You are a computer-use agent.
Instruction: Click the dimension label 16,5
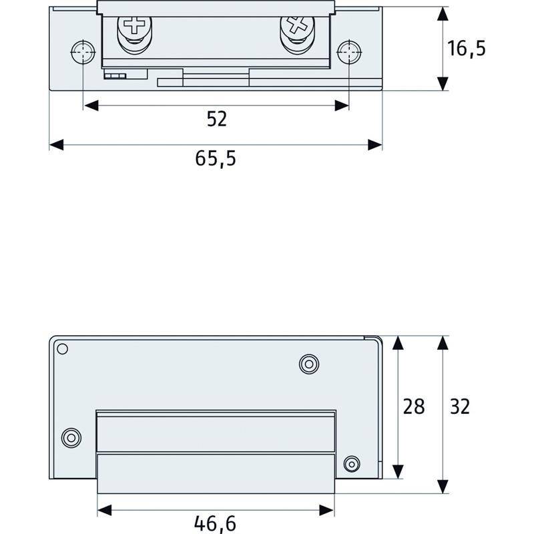coord(467,49)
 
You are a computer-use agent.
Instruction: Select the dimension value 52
coord(216,119)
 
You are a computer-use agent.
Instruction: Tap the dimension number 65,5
coord(216,158)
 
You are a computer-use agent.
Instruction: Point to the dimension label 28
coord(414,407)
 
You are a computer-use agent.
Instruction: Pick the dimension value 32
coord(459,407)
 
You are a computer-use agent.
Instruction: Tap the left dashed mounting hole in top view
coord(82,52)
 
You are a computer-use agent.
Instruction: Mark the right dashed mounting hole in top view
coord(348,52)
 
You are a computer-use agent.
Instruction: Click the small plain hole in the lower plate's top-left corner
coord(62,348)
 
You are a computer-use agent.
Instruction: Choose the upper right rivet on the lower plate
coord(308,363)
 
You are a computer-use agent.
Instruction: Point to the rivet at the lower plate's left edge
coord(70,438)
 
